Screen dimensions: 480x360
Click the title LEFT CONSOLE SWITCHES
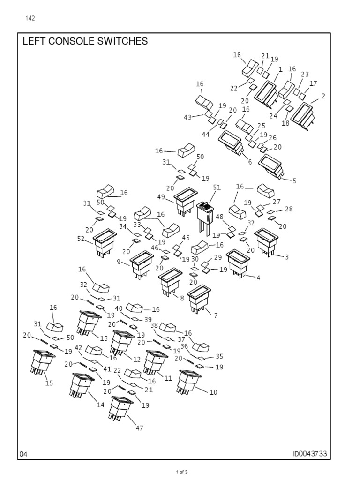coord(85,42)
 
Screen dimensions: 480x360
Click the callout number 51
coord(217,187)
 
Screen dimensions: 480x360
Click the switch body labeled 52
coord(105,242)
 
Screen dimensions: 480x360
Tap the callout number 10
coord(213,392)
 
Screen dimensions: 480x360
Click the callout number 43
coord(187,117)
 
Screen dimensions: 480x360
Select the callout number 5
coord(294,180)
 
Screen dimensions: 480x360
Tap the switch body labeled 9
coord(141,264)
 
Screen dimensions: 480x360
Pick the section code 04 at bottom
coord(24,454)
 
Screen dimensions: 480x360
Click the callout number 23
coord(305,74)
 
